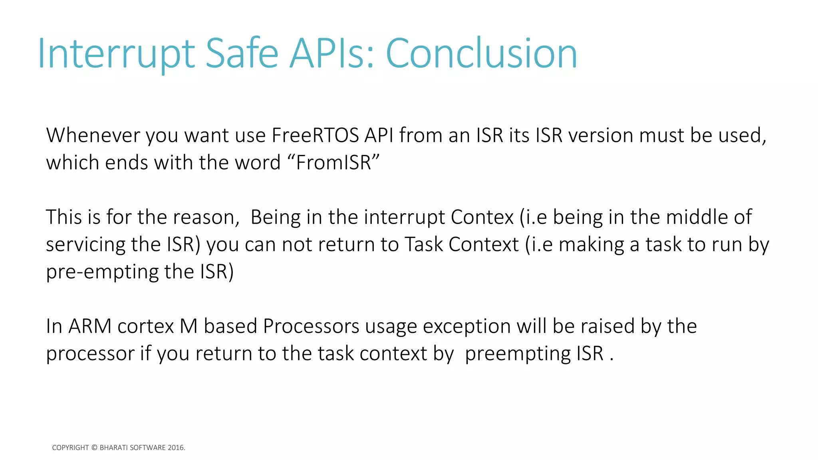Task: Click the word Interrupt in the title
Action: coord(116,54)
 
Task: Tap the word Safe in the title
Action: coord(242,54)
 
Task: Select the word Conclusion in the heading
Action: coord(481,54)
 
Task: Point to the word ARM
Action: coord(90,327)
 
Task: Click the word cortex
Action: coord(146,327)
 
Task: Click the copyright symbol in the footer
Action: coord(94,448)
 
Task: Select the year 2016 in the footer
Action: coord(176,448)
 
